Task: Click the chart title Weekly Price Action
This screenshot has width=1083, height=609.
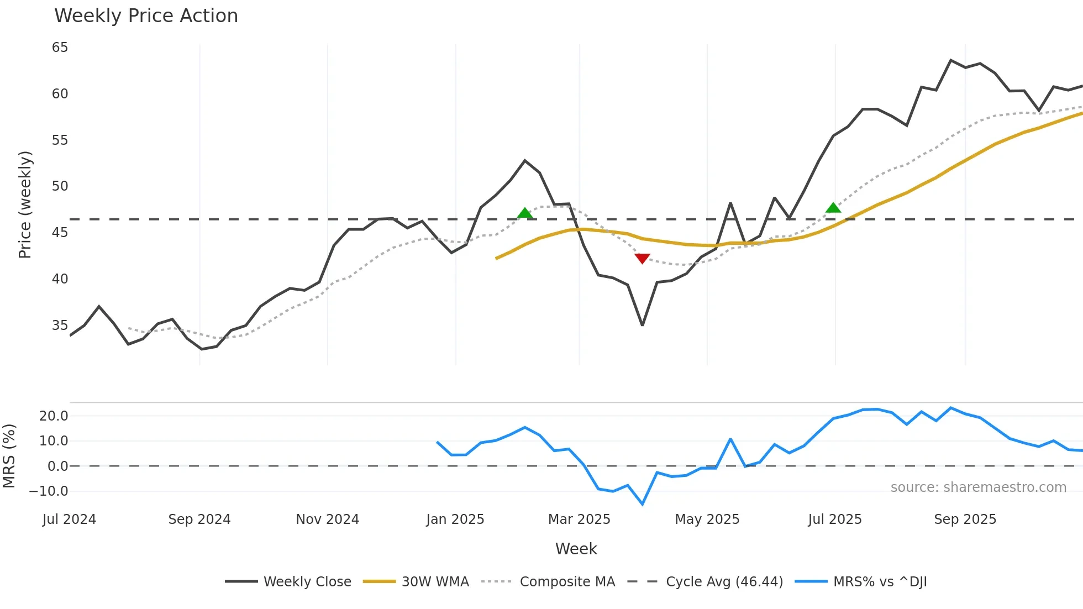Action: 146,16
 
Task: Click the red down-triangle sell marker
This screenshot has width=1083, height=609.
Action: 642,258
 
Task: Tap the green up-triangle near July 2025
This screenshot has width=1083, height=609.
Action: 833,208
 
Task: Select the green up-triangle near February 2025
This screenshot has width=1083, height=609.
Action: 525,213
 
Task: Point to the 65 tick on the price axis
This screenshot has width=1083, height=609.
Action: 60,48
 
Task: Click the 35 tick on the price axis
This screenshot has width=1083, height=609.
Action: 60,325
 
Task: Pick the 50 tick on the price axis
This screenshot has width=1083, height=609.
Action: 60,186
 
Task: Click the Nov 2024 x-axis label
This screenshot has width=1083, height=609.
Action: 327,519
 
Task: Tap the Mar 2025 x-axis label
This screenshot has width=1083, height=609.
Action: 579,519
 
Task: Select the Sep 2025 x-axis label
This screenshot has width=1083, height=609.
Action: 965,519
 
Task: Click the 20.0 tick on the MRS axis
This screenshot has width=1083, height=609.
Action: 54,416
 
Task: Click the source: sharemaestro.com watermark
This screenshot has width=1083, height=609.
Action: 978,487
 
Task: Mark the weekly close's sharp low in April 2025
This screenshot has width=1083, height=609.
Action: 642,325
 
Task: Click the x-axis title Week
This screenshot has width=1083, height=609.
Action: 576,549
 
